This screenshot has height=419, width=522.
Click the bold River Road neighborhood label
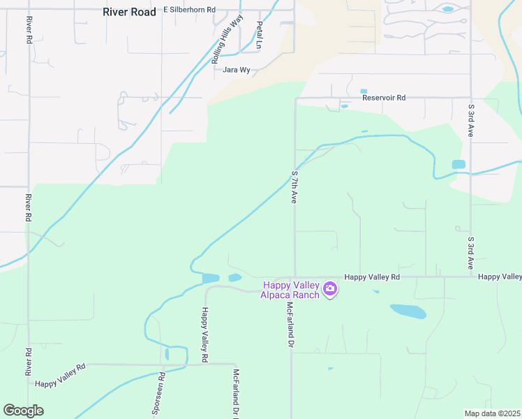pos(129,11)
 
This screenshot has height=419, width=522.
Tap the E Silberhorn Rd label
pos(190,10)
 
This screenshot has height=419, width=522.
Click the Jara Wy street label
pos(236,70)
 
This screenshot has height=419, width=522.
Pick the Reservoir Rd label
pos(383,98)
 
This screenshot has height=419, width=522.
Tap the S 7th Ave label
pos(294,186)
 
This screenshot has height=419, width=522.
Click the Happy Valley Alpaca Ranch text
pos(290,289)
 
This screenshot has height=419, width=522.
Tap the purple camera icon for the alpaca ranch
pos(330,288)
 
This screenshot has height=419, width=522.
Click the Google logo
pos(23,411)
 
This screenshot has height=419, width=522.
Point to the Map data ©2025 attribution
pos(492,413)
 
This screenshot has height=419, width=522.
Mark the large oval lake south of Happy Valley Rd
pos(408,311)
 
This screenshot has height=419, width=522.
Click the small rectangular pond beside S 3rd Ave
pos(458,165)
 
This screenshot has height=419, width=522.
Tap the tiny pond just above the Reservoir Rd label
pos(363,91)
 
